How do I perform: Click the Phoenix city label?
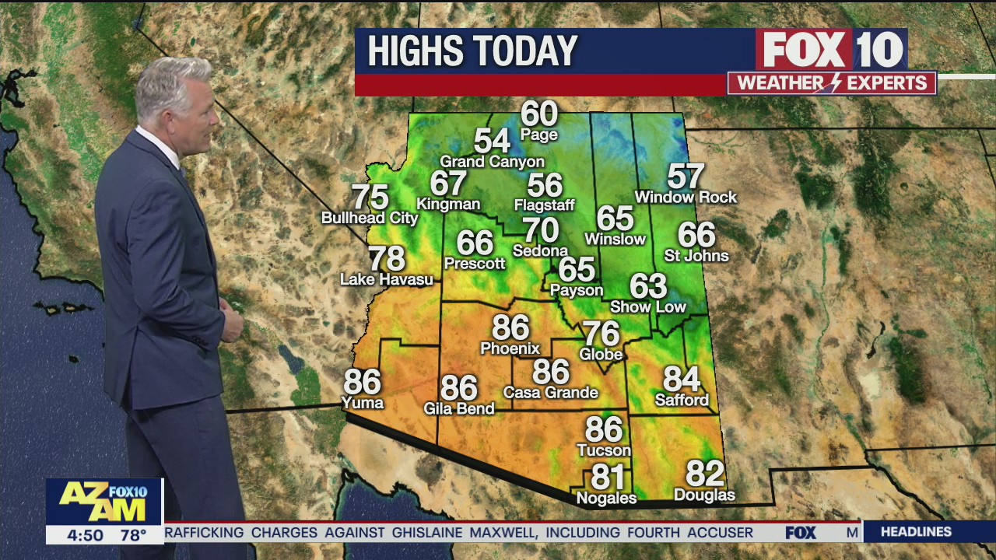(x=510, y=348)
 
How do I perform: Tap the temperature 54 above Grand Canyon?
(x=492, y=142)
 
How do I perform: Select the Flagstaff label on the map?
(x=544, y=205)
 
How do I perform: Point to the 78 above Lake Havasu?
(x=387, y=258)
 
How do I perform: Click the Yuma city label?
(x=363, y=402)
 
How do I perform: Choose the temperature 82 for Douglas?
(x=705, y=474)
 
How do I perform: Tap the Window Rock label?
(x=686, y=198)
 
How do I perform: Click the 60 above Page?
(x=539, y=114)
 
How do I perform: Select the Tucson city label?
(x=604, y=450)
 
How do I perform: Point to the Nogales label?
(x=606, y=498)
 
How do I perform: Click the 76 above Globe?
(x=601, y=334)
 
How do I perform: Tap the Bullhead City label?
(x=370, y=219)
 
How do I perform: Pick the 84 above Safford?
(x=682, y=379)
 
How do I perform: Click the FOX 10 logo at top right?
(x=831, y=50)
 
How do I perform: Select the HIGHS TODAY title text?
(x=472, y=51)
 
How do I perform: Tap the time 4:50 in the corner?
(x=86, y=535)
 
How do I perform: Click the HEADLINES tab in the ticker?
(x=916, y=532)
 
